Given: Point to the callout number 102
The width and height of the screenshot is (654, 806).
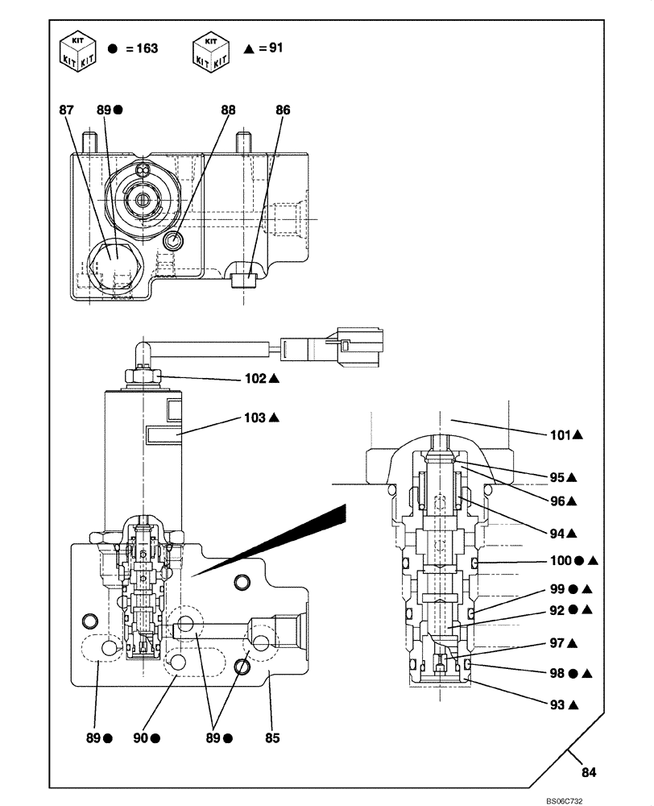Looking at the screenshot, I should (x=255, y=377).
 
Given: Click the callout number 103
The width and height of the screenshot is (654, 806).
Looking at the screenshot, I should (x=255, y=418).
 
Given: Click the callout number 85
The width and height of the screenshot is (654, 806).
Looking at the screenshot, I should (x=273, y=737).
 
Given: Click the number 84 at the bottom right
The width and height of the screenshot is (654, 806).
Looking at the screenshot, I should (x=589, y=773).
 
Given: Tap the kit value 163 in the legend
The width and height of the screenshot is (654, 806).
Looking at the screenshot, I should (x=147, y=48).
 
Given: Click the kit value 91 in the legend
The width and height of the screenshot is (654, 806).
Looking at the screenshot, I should (x=275, y=48).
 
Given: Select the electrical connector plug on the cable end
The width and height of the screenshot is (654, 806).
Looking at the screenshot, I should (x=355, y=344).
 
